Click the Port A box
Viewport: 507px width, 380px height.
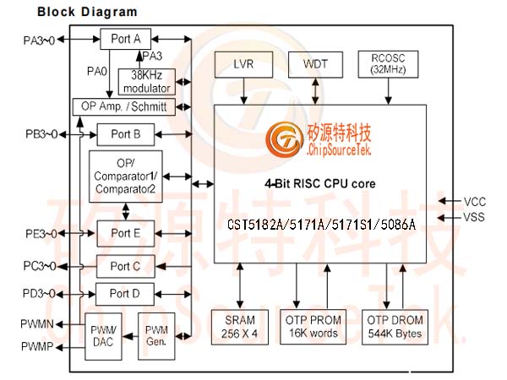(126, 39)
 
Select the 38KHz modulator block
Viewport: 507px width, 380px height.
(148, 80)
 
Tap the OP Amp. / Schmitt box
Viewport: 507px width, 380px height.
(124, 106)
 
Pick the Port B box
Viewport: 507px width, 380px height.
(125, 133)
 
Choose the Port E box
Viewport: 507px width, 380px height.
(125, 233)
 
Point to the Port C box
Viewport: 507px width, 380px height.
(125, 266)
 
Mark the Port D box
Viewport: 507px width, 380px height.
(125, 295)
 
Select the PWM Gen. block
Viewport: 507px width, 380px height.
(155, 336)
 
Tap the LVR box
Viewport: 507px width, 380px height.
(244, 64)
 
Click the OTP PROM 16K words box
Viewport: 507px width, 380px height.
(313, 327)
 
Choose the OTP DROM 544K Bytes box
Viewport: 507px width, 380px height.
(395, 327)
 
